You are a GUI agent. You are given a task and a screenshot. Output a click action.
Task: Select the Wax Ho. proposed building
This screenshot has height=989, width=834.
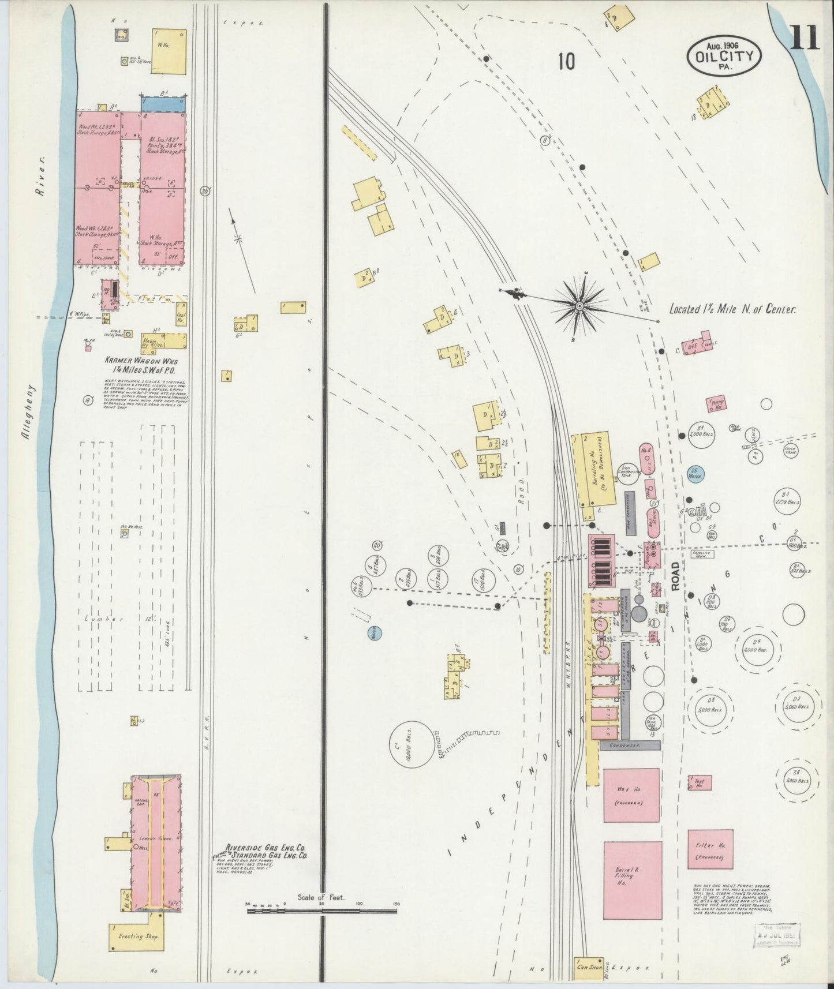coord(631,795)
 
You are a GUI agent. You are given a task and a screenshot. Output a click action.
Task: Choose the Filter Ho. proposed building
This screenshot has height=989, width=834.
coord(709,849)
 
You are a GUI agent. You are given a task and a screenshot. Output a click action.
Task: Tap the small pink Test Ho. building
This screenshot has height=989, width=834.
coord(700,783)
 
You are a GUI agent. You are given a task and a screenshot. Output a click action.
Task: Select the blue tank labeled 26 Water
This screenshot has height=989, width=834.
coord(697,473)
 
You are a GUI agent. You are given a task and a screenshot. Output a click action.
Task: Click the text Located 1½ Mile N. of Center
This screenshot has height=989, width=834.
coord(732,309)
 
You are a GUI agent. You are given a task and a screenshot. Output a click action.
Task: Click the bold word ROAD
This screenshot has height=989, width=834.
coord(676,575)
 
